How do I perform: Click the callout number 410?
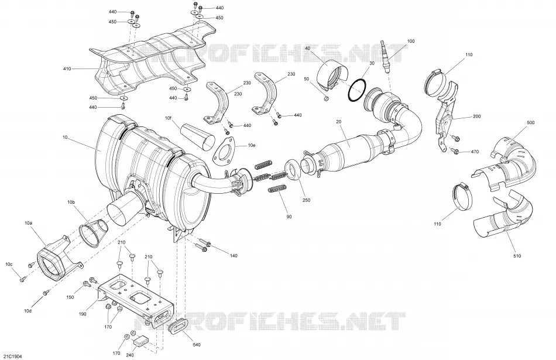[67, 69]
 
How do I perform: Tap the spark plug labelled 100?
[386, 56]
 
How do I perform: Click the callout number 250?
[306, 200]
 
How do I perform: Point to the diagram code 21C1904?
[12, 356]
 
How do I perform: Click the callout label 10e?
[252, 145]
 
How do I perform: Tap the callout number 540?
[197, 344]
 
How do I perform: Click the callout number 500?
[530, 123]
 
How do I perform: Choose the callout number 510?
[517, 256]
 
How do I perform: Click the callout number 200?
[477, 116]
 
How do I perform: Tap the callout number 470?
[475, 152]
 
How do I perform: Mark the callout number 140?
[234, 256]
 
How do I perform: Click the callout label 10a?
[28, 223]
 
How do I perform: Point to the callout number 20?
[339, 122]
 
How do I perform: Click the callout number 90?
[289, 217]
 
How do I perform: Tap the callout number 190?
[83, 314]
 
